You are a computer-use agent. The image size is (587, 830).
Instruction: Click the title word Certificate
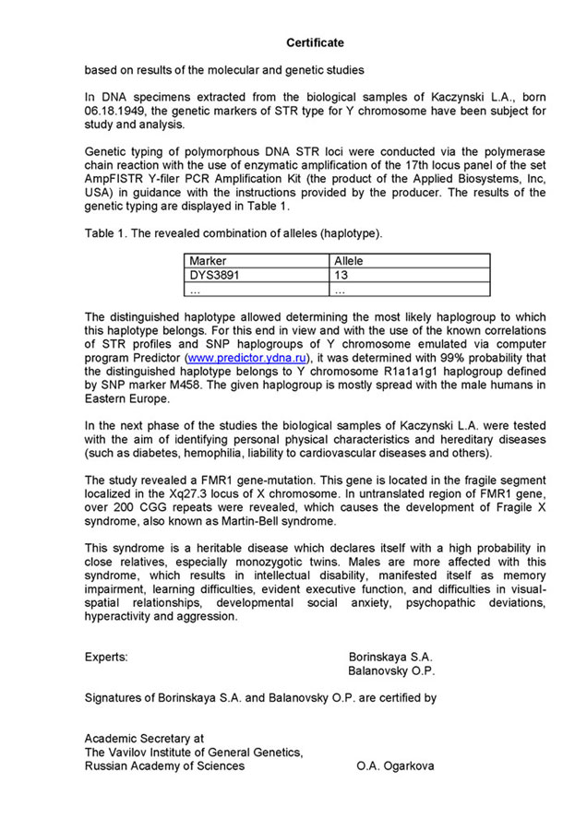point(315,42)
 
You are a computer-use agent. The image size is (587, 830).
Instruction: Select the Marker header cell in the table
point(208,261)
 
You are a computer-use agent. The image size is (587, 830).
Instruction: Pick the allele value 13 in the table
point(341,275)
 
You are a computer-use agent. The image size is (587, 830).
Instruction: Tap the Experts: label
point(106,657)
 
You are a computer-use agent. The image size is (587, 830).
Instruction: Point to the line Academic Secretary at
point(144,739)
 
